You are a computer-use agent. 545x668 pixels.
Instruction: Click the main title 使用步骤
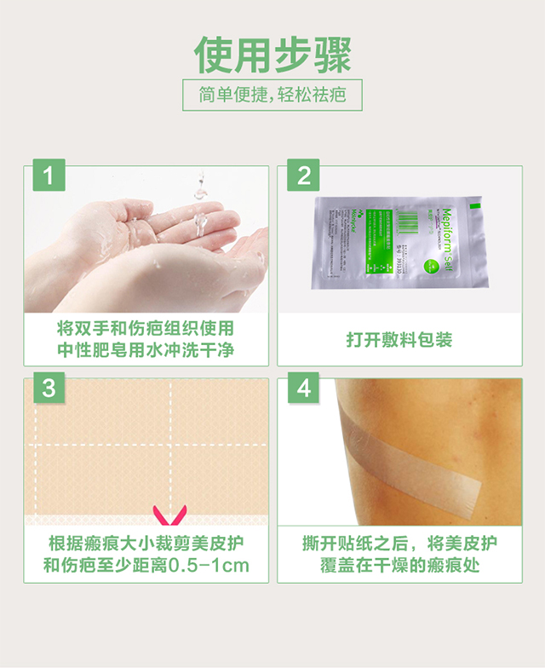point(272,55)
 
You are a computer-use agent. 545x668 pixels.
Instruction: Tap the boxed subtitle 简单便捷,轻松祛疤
point(272,95)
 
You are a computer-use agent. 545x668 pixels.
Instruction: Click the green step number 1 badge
point(49,176)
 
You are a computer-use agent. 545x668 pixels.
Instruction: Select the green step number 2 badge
point(303,176)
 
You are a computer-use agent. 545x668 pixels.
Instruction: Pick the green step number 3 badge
point(49,389)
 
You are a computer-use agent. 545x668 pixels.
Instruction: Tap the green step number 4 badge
point(303,389)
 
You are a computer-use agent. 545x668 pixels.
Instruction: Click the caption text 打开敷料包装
point(399,340)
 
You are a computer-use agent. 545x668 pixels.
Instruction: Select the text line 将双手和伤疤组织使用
point(145,328)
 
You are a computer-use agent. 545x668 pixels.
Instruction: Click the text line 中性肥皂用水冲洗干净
point(145,350)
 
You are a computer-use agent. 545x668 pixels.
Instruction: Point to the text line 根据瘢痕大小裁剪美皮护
point(145,544)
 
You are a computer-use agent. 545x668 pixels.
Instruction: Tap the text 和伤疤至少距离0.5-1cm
point(145,566)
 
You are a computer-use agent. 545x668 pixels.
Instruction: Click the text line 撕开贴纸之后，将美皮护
point(399,544)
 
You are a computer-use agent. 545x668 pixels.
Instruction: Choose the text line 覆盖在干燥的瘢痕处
point(399,566)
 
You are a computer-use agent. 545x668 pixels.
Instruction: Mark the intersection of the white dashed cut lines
point(170,445)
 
